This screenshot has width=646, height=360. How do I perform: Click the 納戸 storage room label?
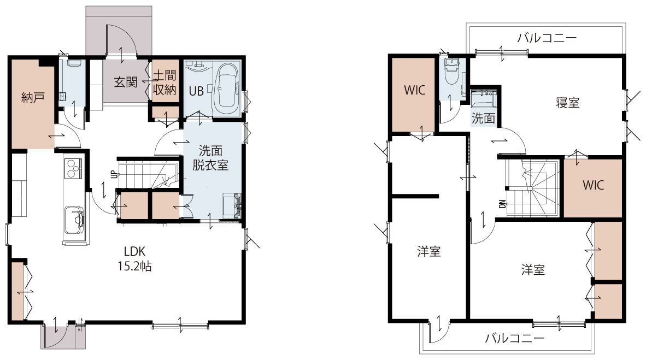click(33, 98)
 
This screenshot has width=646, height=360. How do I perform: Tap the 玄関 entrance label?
click(126, 82)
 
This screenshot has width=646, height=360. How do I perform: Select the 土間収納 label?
click(165, 82)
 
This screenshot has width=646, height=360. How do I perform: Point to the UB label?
click(196, 91)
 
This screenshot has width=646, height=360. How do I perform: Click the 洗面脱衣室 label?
click(210, 157)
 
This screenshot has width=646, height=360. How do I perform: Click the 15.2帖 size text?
click(135, 266)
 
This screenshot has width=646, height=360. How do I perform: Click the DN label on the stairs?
click(502, 203)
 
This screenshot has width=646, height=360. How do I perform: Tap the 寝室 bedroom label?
click(568, 103)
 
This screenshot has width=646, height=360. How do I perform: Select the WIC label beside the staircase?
click(594, 185)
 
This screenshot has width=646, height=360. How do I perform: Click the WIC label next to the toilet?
click(414, 90)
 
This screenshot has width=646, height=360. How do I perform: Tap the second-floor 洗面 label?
click(483, 119)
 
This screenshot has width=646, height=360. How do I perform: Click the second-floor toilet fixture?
click(453, 71)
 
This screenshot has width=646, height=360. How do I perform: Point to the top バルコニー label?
click(547, 38)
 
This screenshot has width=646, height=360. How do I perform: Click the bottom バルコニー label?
click(515, 339)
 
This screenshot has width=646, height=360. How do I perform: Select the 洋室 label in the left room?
click(429, 251)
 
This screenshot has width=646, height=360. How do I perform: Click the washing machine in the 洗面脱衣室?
click(232, 205)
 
